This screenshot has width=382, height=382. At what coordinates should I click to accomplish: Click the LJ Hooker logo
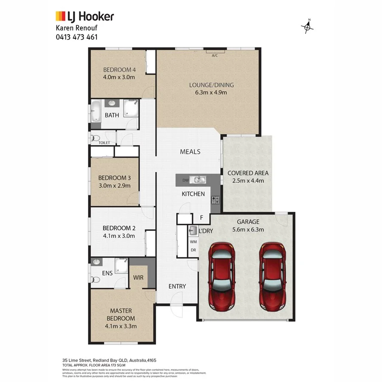pyautogui.click(x=85, y=17)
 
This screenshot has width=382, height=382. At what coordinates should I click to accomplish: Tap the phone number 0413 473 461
pyautogui.click(x=77, y=37)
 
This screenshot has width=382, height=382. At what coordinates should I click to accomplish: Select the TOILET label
pyautogui.click(x=104, y=143)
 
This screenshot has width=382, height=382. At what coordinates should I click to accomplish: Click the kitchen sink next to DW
pyautogui.click(x=199, y=180)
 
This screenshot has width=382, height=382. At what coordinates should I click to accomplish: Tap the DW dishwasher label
pyautogui.click(x=185, y=180)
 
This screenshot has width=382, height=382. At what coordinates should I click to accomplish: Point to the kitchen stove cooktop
pyautogui.click(x=215, y=199)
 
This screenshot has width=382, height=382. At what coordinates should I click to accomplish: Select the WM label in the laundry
pyautogui.click(x=194, y=242)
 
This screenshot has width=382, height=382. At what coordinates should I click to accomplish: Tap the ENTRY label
pyautogui.click(x=177, y=286)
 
